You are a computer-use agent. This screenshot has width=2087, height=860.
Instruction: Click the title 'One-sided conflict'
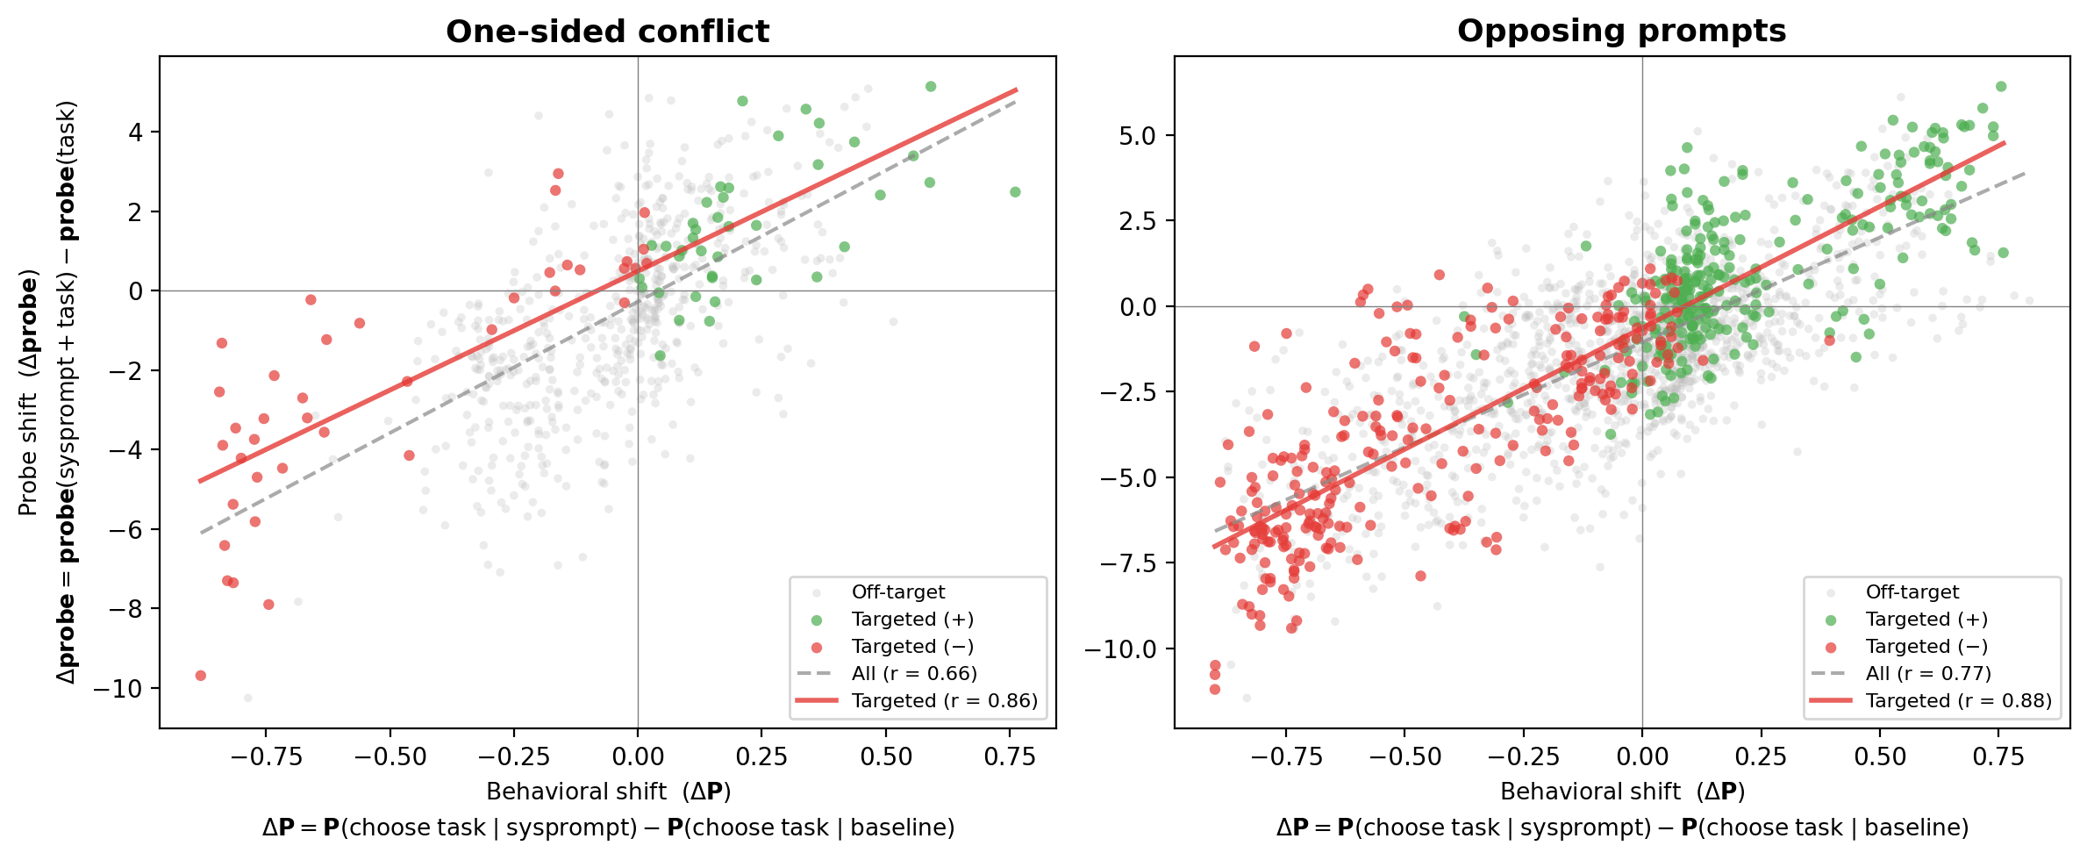(x=607, y=32)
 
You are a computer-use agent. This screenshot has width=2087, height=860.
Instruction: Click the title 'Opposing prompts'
(x=1621, y=32)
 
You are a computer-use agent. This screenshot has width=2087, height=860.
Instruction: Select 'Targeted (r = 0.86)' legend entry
(x=944, y=701)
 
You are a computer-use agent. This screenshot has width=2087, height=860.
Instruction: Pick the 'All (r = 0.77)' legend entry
(x=1928, y=674)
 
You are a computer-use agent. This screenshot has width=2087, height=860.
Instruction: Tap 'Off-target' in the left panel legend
(x=898, y=592)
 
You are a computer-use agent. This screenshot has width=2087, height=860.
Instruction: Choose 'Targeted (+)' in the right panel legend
(x=1926, y=620)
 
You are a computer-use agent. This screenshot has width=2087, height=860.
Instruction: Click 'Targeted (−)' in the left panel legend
(x=912, y=647)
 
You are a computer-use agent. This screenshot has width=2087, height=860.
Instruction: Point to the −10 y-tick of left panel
(x=119, y=689)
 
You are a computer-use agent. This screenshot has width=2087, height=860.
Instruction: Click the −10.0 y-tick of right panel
(x=1120, y=649)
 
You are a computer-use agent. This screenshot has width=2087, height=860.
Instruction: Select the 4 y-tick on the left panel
(x=135, y=133)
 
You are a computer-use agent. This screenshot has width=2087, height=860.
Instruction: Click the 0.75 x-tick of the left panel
(x=1010, y=756)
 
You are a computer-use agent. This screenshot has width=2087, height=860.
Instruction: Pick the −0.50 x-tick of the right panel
(x=1404, y=756)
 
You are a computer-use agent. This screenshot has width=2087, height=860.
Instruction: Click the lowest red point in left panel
(x=201, y=676)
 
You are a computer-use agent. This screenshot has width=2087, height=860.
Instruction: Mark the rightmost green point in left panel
(x=1015, y=192)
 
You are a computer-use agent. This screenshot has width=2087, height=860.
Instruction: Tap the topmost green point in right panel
(x=2001, y=87)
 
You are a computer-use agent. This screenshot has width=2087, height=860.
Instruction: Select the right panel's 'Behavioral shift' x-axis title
(x=1622, y=792)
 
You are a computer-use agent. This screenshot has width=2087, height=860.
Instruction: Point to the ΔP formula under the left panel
(x=608, y=828)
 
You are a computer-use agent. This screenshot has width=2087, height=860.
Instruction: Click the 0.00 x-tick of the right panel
(x=1641, y=756)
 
